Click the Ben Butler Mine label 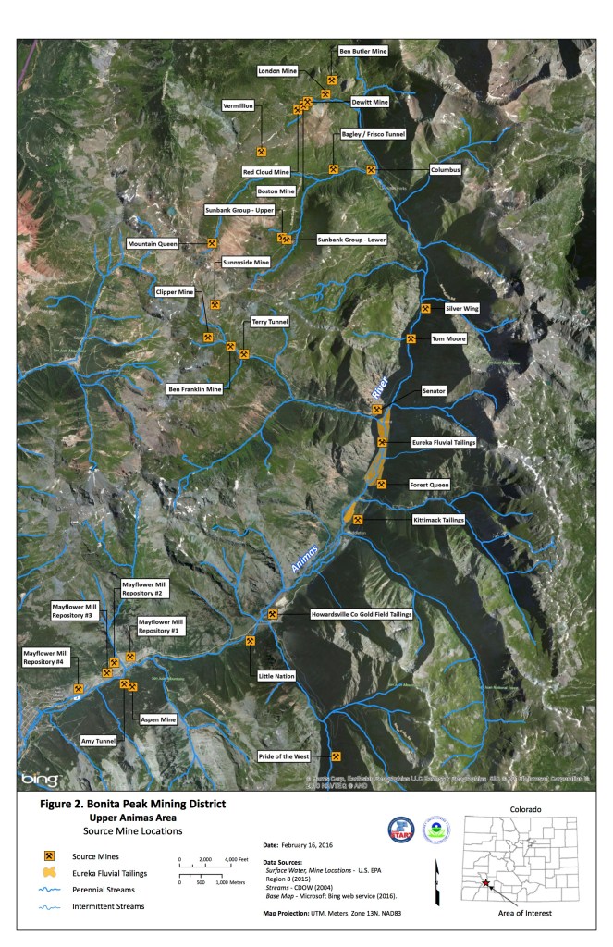click(x=362, y=53)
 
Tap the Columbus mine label click(x=445, y=170)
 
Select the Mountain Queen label click(x=153, y=244)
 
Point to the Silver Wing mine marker click(x=426, y=309)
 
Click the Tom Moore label click(x=448, y=338)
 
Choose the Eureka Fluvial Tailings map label click(x=443, y=444)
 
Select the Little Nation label click(x=276, y=677)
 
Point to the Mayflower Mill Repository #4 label click(x=48, y=657)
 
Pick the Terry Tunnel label click(x=270, y=322)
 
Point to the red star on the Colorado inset click(x=485, y=882)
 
